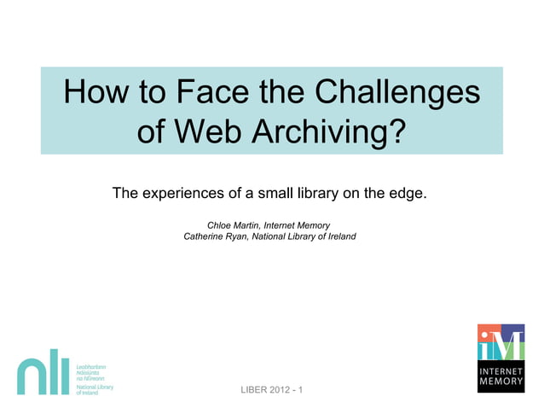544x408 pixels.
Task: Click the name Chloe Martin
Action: tap(235, 224)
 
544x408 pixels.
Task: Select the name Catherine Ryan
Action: tap(216, 236)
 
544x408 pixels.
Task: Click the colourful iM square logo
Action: tap(500, 344)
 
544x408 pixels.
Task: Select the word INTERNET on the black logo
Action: tap(501, 373)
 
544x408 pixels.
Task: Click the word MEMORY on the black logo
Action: tap(501, 384)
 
